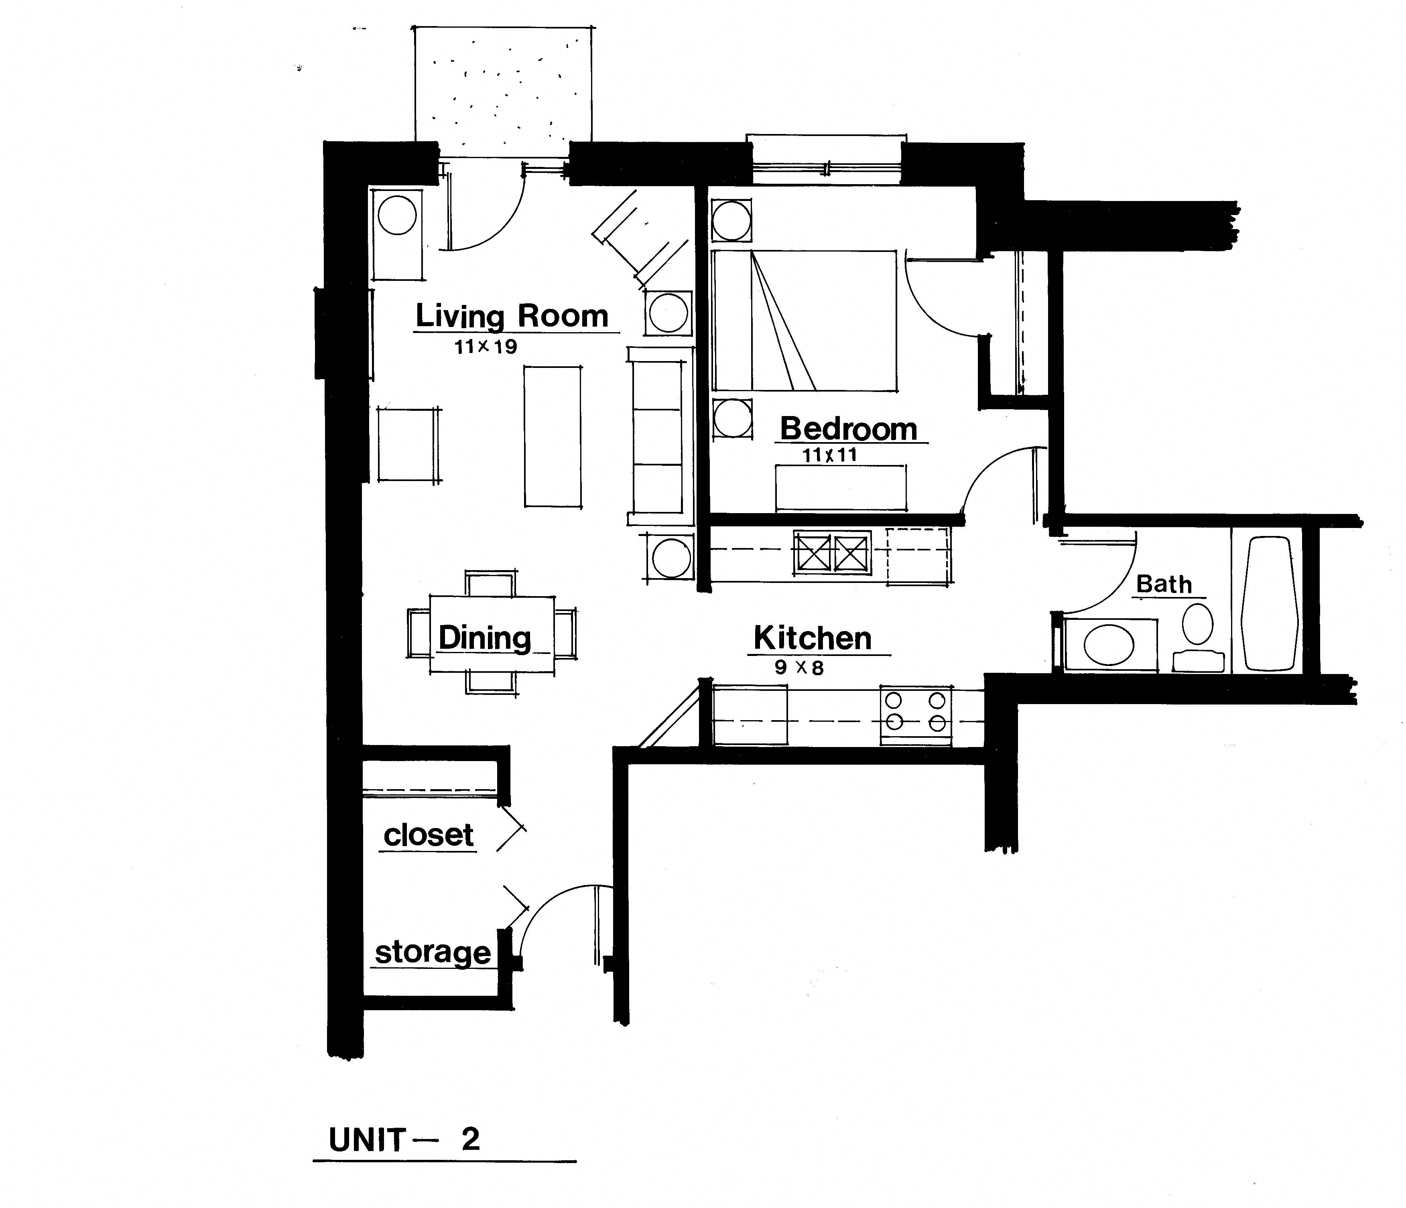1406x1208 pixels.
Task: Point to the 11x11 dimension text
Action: pos(829,455)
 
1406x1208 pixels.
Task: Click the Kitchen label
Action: pos(812,639)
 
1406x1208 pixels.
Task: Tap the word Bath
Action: pos(1164,584)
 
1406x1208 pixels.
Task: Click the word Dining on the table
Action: pos(484,638)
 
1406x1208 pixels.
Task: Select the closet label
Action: pos(428,835)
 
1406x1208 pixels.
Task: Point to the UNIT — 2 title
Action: pos(404,1140)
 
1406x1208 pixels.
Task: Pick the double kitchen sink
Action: pos(832,552)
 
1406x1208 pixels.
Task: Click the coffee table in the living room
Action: pos(553,437)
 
